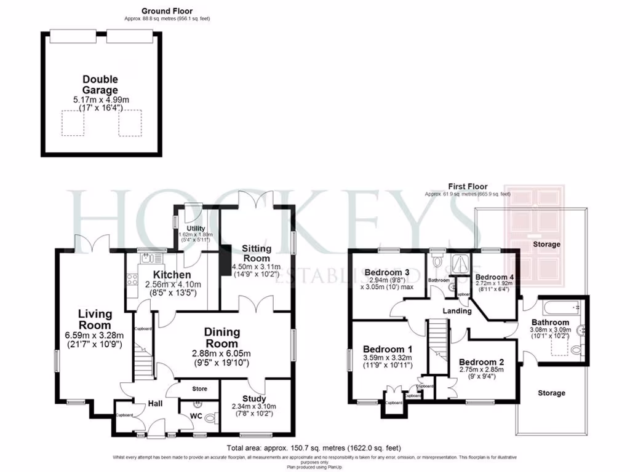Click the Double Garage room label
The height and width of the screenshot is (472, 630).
[x=100, y=84]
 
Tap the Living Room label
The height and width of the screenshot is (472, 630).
[x=95, y=320]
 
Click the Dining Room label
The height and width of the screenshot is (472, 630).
[x=221, y=337]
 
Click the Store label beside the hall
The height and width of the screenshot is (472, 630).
[x=199, y=389]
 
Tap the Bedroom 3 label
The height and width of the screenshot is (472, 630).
[x=387, y=272]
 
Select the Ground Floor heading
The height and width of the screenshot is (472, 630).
[x=167, y=11]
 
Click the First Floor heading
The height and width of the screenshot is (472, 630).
[x=468, y=186]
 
